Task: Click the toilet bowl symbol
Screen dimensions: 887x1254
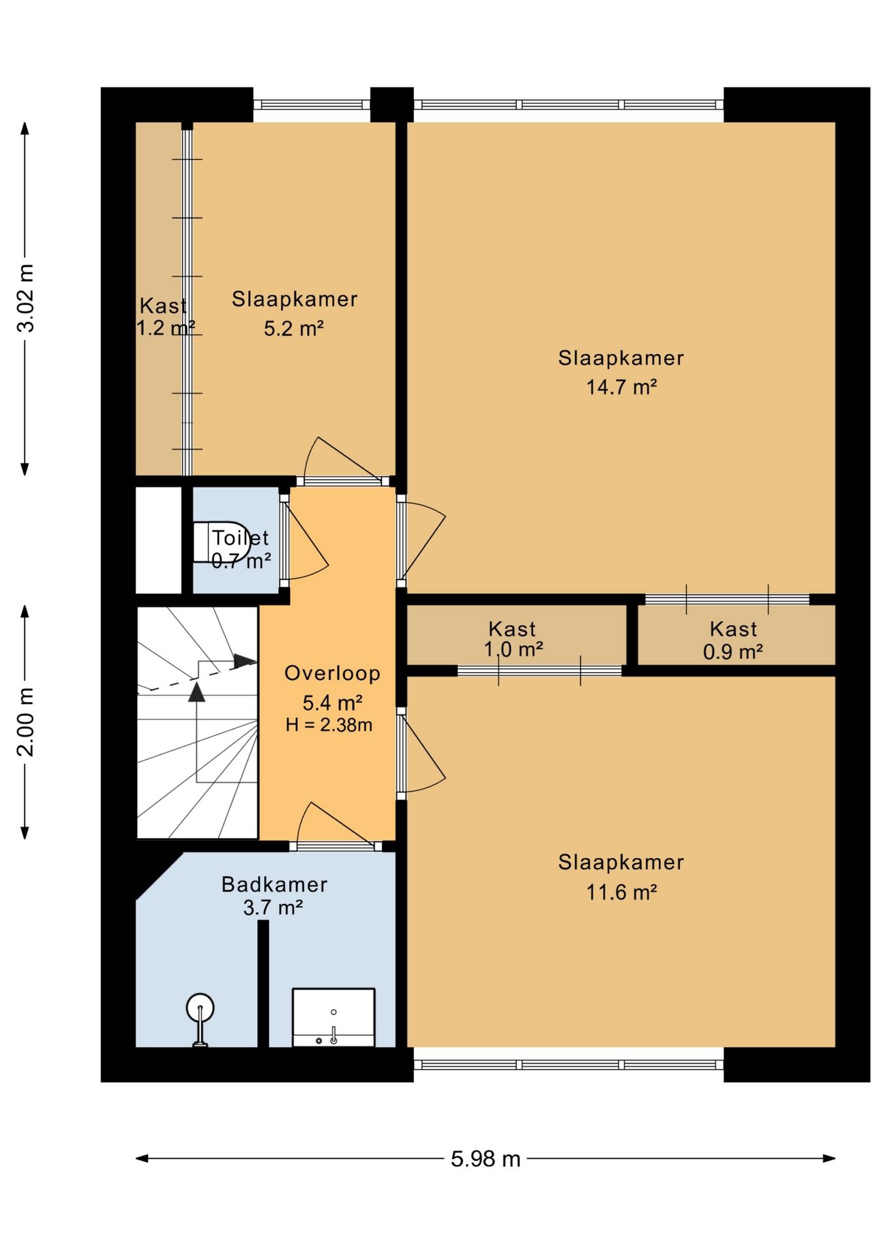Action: pyautogui.click(x=221, y=541)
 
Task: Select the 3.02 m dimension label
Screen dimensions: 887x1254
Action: pyautogui.click(x=26, y=298)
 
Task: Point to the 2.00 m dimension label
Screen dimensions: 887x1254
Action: pyautogui.click(x=26, y=722)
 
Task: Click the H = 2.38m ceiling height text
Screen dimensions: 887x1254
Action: pyautogui.click(x=329, y=725)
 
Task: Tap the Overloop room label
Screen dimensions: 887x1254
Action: pyautogui.click(x=332, y=673)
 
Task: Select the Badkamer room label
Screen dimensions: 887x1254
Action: pyautogui.click(x=274, y=884)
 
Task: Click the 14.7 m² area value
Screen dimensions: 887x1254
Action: pyautogui.click(x=621, y=387)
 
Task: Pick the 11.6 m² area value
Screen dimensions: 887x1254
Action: pyautogui.click(x=621, y=892)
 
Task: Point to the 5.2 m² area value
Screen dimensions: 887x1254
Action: pyautogui.click(x=294, y=328)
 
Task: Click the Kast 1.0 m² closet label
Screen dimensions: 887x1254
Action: pyautogui.click(x=513, y=639)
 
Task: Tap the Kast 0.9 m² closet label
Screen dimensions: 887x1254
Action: pyautogui.click(x=733, y=640)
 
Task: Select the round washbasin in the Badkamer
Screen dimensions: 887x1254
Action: pyautogui.click(x=200, y=1020)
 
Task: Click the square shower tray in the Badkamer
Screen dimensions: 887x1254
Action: pyautogui.click(x=333, y=1017)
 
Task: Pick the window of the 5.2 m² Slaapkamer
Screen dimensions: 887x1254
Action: pyautogui.click(x=312, y=104)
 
